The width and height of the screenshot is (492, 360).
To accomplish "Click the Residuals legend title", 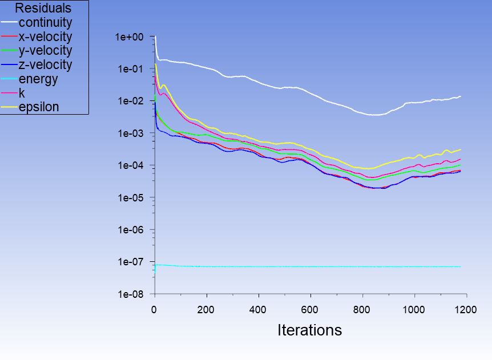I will pyautogui.click(x=43, y=9).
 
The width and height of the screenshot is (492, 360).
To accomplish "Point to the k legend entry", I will pyautogui.click(x=22, y=92).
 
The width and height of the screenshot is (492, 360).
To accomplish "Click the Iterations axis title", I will pyautogui.click(x=309, y=330).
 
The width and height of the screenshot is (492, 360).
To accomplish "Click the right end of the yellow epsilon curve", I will pyautogui.click(x=460, y=149).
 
